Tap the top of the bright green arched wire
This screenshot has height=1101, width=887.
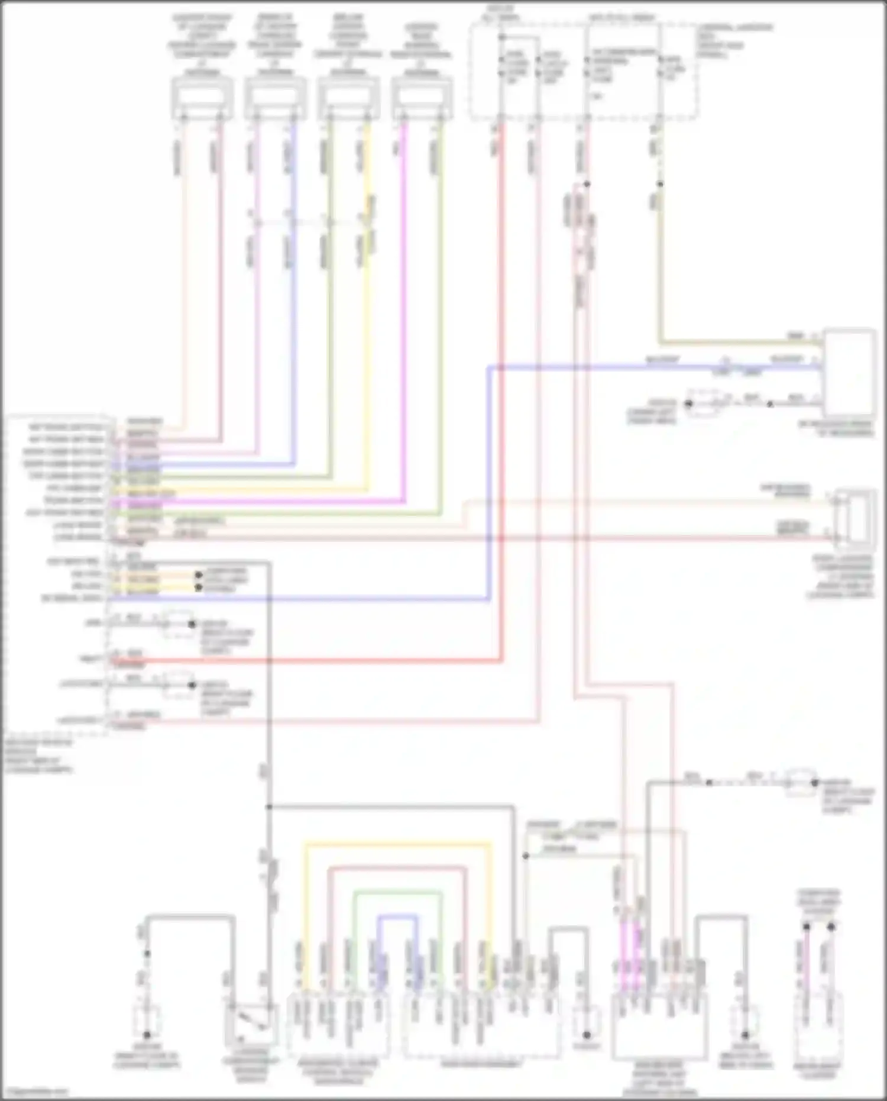[397, 892]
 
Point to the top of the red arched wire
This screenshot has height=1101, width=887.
[397, 867]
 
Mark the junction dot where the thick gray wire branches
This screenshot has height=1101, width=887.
[269, 806]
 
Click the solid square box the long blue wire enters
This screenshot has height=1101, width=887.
[850, 373]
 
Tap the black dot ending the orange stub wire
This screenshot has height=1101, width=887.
[199, 574]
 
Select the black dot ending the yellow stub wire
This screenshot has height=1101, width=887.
[199, 587]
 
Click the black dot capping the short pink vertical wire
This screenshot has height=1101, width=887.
[806, 926]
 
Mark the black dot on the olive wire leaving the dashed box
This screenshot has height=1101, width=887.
[661, 184]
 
